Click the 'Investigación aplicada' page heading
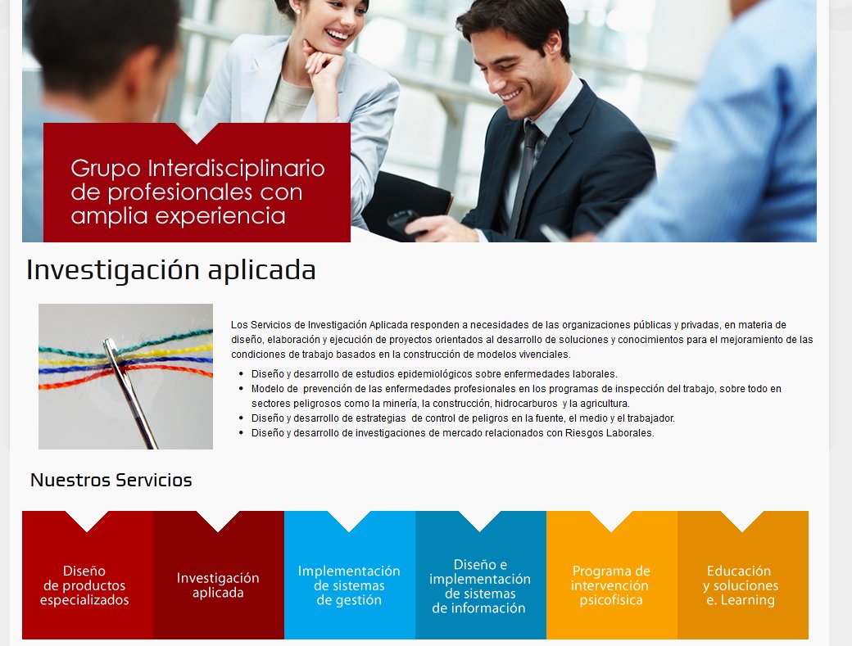(x=171, y=269)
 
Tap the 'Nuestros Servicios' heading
(x=111, y=481)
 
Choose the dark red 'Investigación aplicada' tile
(x=218, y=585)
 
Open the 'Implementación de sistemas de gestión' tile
(x=349, y=585)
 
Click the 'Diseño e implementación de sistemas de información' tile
(x=480, y=585)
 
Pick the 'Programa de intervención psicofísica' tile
(x=611, y=585)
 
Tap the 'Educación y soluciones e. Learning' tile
(x=741, y=585)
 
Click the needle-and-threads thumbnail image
(x=125, y=377)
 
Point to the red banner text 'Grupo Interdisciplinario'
(x=197, y=169)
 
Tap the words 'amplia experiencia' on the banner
(x=178, y=216)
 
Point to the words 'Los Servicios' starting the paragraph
(x=256, y=325)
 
